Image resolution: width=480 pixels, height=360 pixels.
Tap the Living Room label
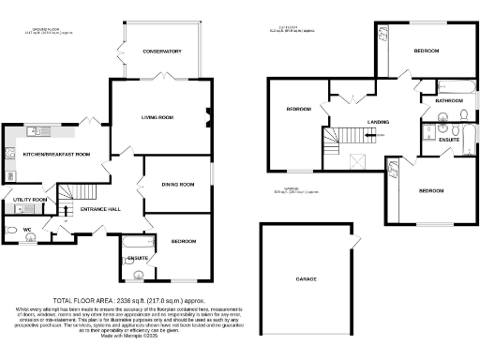point(157,117)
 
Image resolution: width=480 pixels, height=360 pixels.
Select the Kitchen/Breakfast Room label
point(56,153)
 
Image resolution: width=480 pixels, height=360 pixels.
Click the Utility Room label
point(30,200)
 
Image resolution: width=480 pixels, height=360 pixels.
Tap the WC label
point(27,228)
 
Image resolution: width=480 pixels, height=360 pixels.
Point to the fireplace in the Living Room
point(207,117)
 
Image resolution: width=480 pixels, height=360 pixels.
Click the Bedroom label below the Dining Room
point(184,241)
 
